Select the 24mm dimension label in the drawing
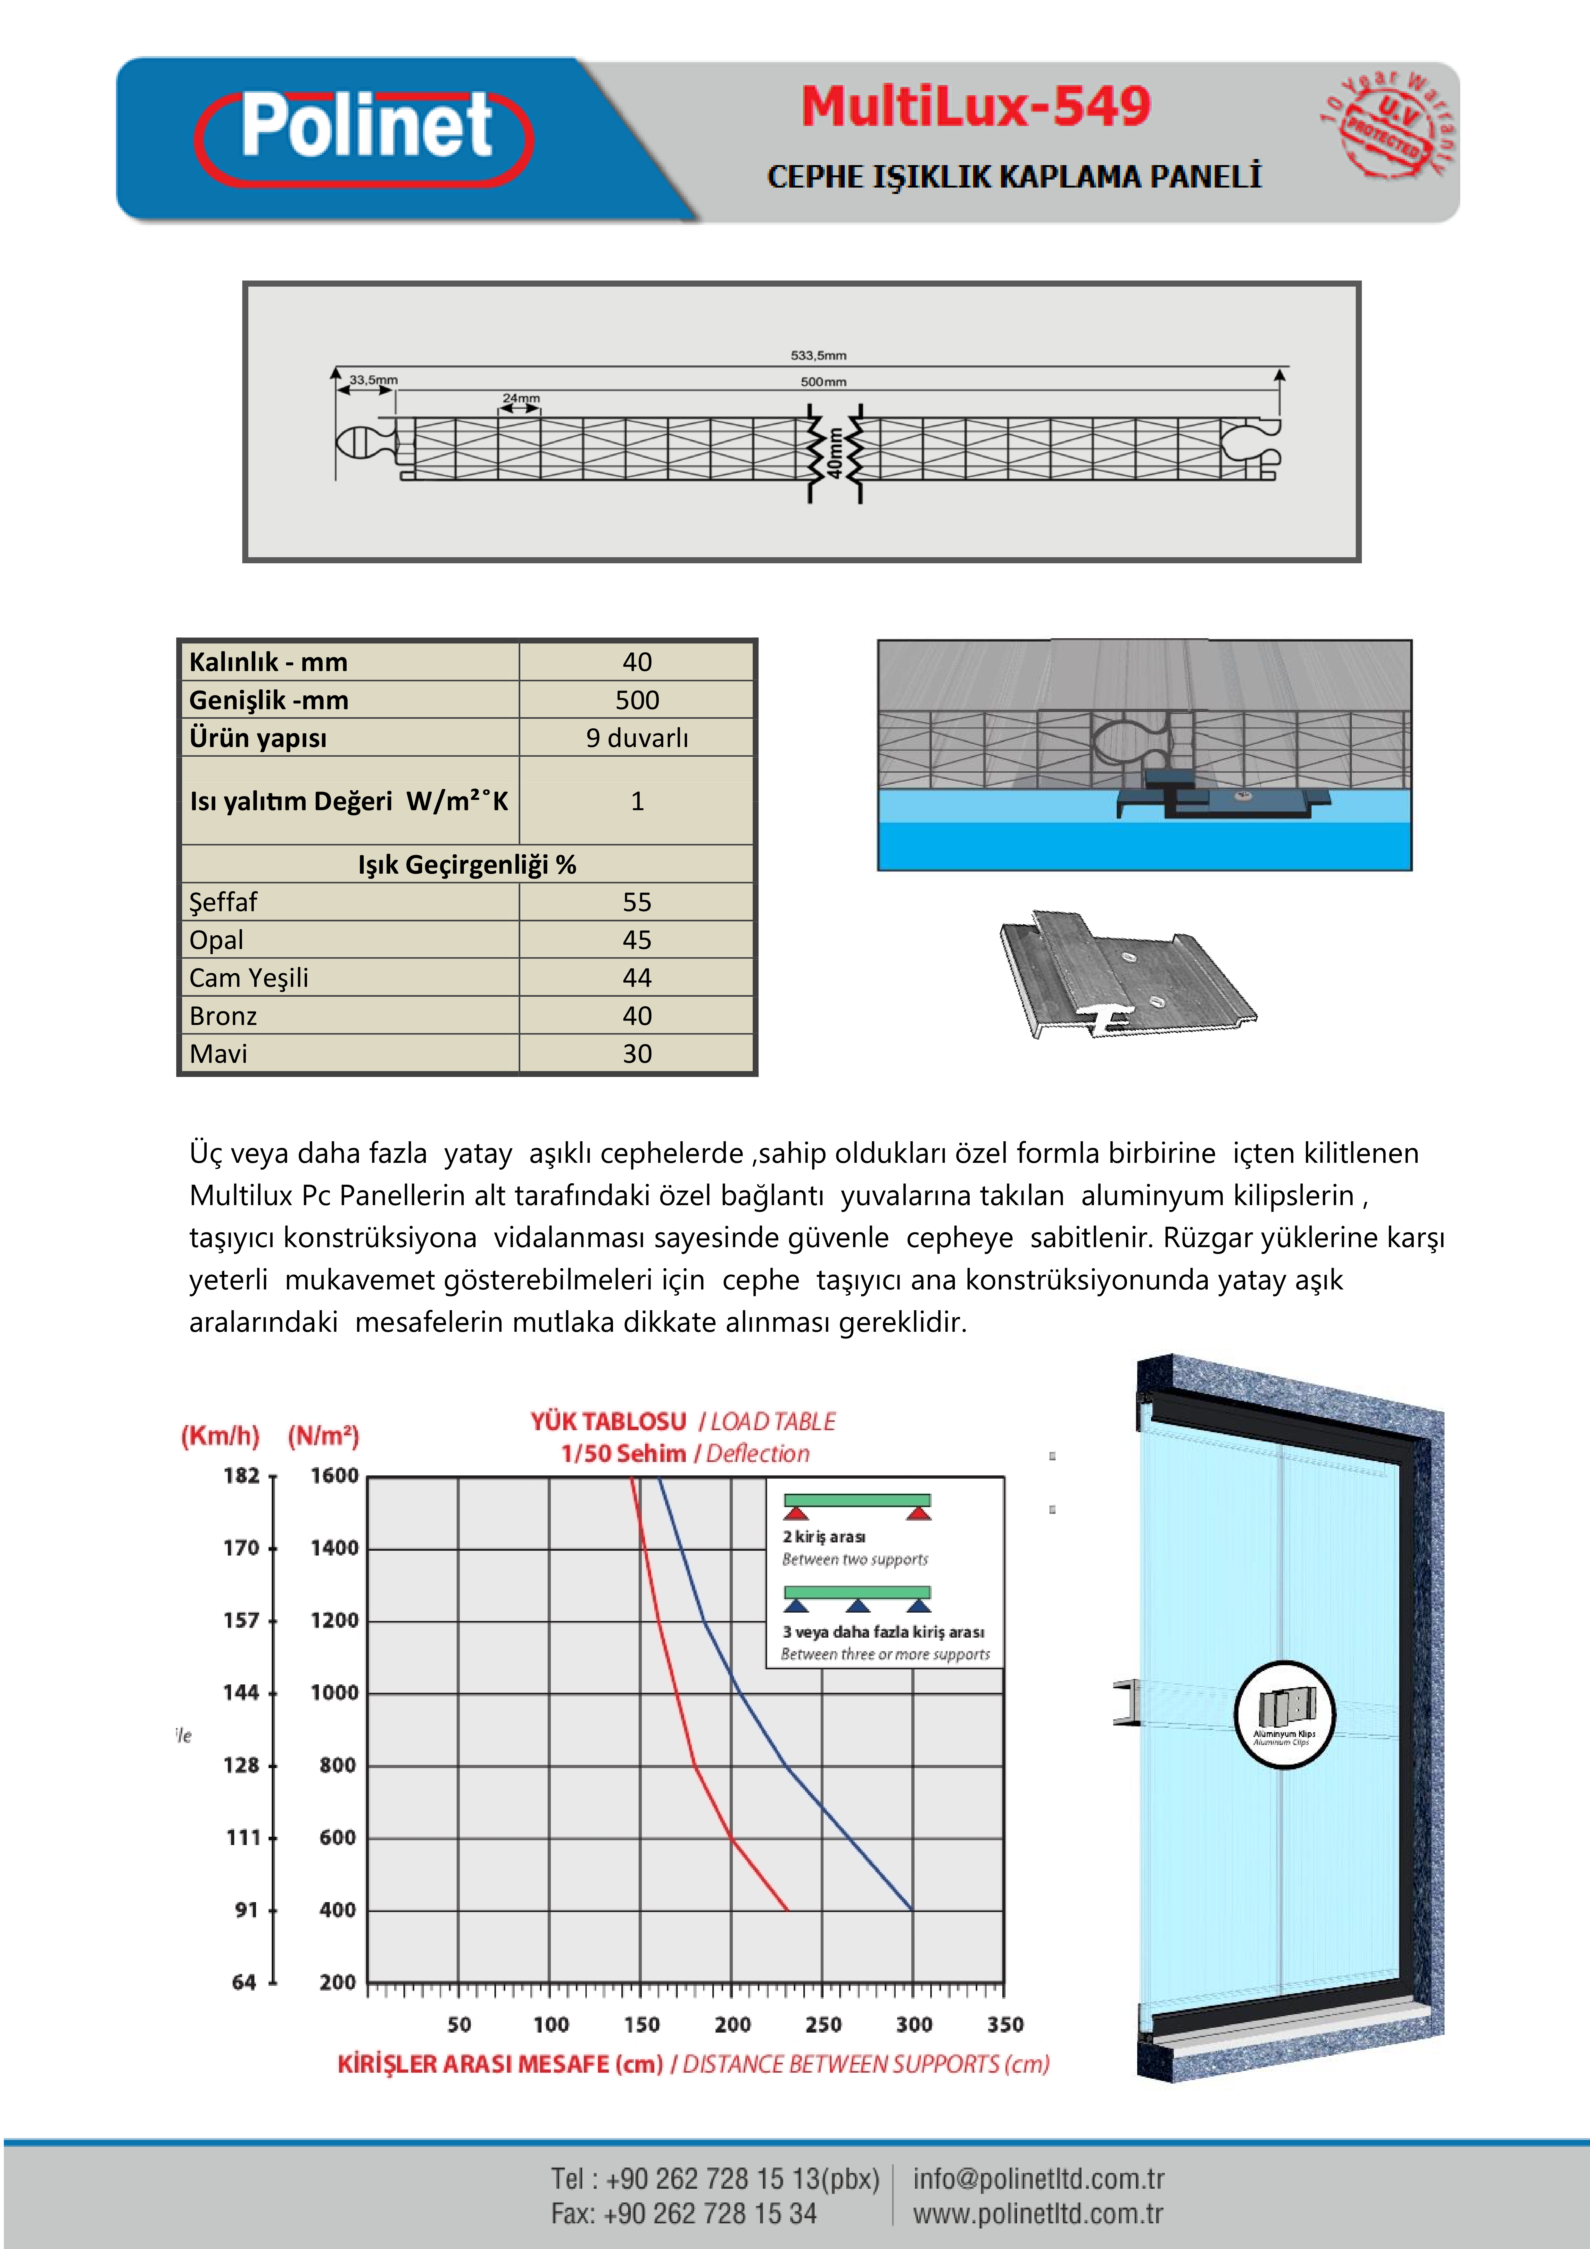[x=521, y=398]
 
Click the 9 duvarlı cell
[x=636, y=738]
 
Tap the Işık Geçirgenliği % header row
[x=467, y=864]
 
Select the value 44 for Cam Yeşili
[x=636, y=978]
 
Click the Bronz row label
[x=223, y=1016]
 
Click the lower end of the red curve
[x=786, y=1908]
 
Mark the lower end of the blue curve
[x=912, y=1908]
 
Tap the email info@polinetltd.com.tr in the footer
[x=1039, y=2178]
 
